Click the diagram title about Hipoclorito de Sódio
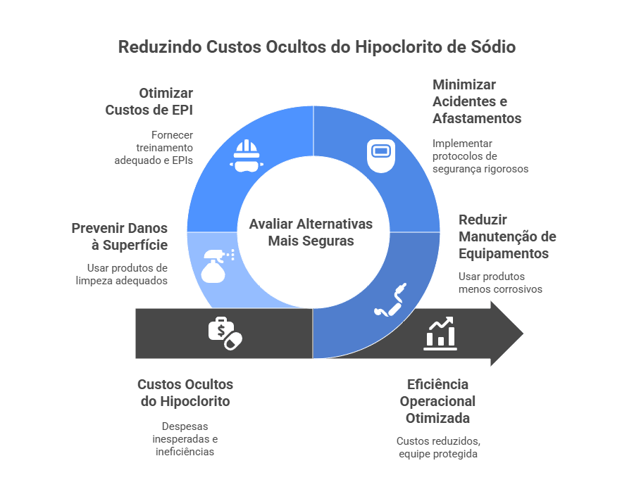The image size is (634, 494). (x=316, y=47)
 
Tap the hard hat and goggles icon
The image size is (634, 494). (x=246, y=156)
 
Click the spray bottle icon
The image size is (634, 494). (x=216, y=266)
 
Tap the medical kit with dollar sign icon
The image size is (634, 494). (x=225, y=333)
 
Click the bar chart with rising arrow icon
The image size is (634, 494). (x=440, y=333)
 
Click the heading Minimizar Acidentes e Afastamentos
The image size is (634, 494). (x=477, y=101)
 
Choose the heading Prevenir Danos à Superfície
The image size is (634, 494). (x=120, y=236)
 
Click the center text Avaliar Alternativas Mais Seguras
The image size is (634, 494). (x=311, y=232)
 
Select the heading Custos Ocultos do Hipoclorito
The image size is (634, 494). (x=185, y=393)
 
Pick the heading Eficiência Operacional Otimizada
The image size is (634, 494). (x=437, y=401)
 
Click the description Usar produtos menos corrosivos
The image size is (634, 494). (x=500, y=283)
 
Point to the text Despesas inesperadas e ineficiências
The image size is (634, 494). (x=185, y=439)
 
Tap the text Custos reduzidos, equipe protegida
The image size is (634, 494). (x=437, y=448)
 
